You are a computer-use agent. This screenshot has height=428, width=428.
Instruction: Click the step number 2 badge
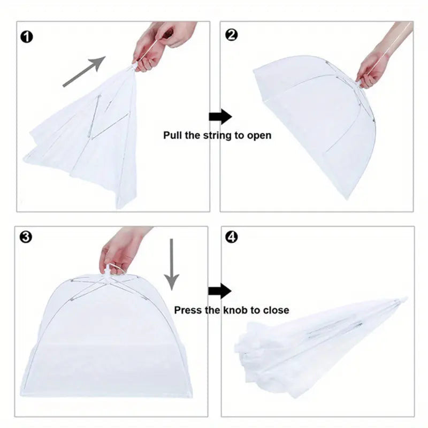click(232, 35)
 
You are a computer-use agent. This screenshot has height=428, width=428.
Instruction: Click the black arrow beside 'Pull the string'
click(220, 117)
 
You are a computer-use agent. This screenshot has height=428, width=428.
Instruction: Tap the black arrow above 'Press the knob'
click(220, 291)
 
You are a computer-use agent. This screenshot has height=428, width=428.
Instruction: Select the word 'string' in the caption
click(217, 135)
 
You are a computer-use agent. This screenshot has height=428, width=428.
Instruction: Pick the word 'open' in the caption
click(258, 136)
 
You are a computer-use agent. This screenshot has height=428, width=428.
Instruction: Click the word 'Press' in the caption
click(188, 310)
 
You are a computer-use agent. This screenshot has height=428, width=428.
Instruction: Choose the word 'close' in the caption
click(276, 310)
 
